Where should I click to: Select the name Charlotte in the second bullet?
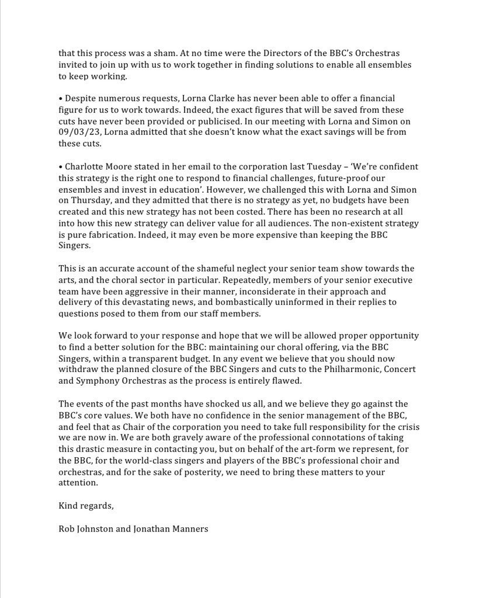[84, 167]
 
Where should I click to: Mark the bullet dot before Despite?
[60, 99]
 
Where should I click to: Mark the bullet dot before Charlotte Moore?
[60, 167]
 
